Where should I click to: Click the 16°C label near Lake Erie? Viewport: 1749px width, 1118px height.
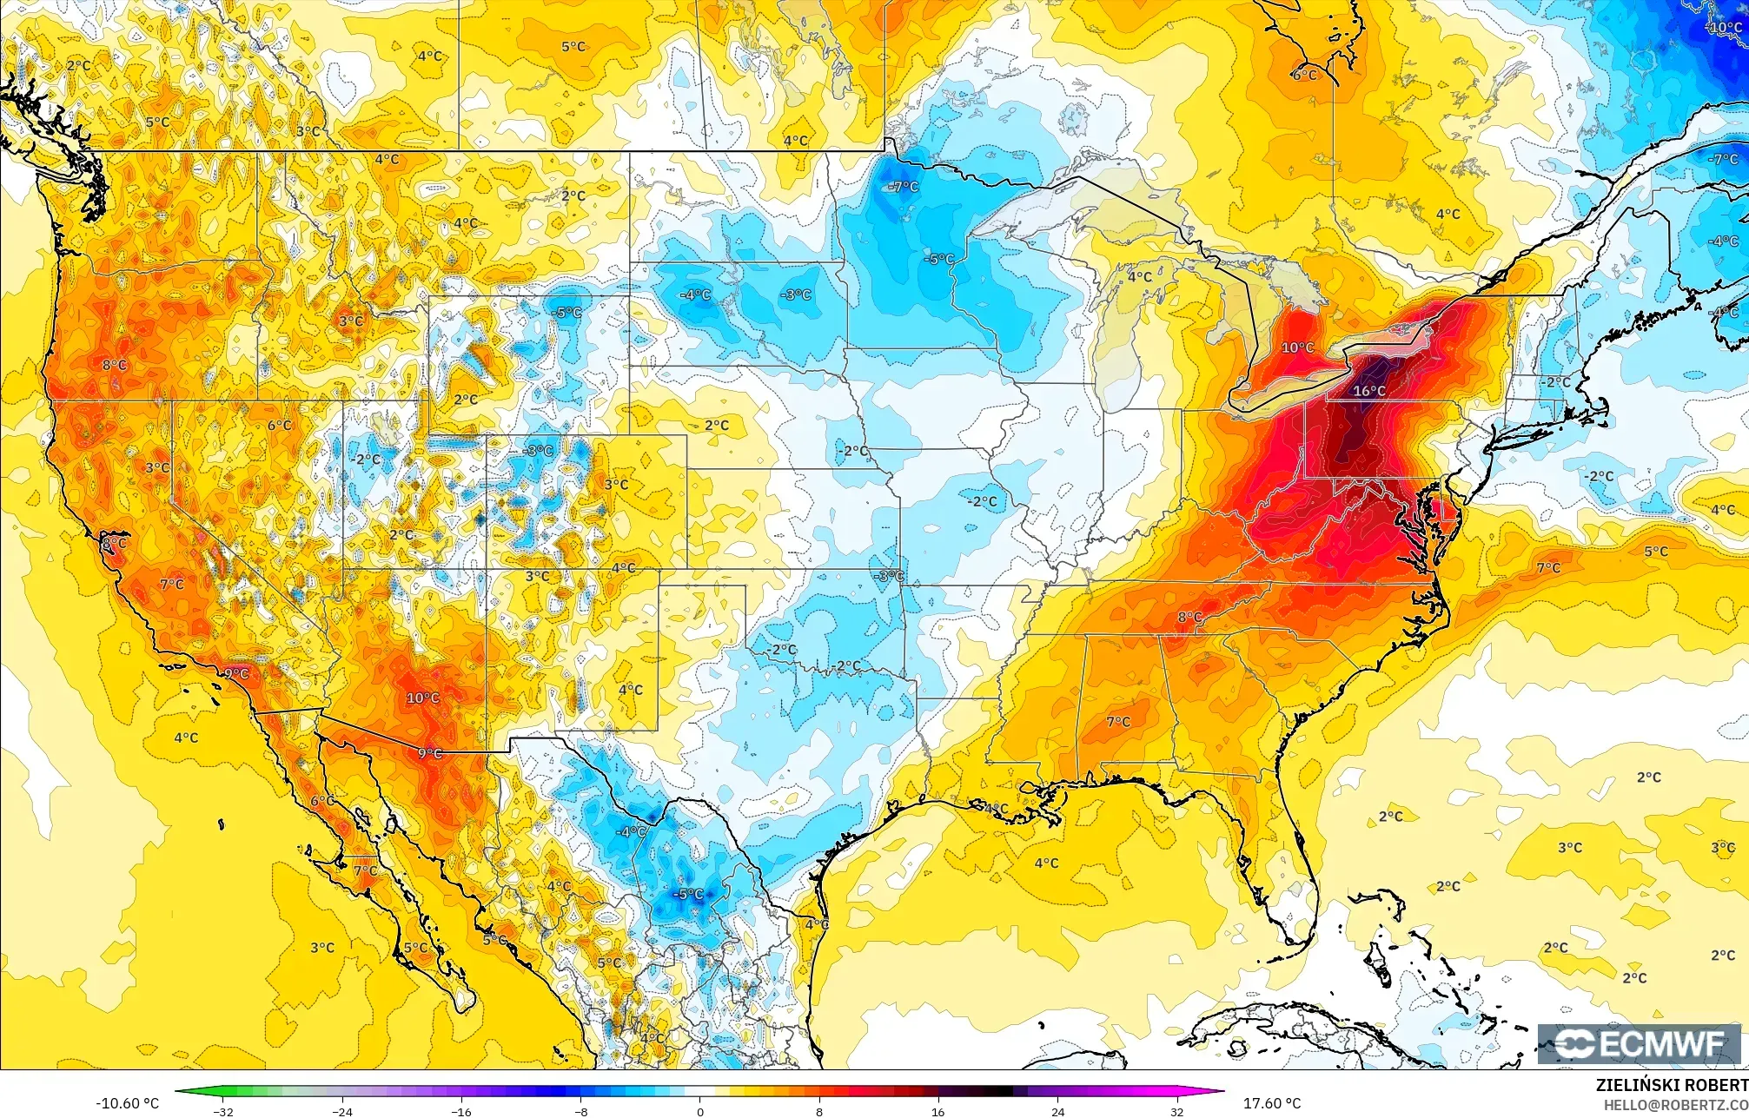click(x=1369, y=391)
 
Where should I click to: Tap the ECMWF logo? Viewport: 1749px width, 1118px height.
click(x=1639, y=1044)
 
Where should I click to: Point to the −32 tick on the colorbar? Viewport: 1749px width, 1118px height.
click(x=224, y=1111)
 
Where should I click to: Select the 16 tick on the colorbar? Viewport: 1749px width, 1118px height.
click(x=937, y=1111)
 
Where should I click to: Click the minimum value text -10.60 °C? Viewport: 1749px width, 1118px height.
click(x=128, y=1103)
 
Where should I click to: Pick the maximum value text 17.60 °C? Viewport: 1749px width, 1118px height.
click(x=1272, y=1103)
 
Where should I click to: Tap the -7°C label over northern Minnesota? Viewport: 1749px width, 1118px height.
click(x=904, y=187)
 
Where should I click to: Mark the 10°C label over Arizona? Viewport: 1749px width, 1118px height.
click(x=423, y=698)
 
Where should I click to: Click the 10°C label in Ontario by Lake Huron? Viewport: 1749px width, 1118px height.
click(x=1298, y=347)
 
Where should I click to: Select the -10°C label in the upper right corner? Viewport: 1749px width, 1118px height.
click(x=1724, y=28)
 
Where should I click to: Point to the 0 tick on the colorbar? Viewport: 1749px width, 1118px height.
click(x=699, y=1111)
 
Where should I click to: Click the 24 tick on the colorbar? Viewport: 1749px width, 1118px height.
click(x=1057, y=1111)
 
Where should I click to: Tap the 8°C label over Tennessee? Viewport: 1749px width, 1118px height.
click(x=1189, y=618)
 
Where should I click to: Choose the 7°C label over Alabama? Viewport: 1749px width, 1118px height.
click(x=1118, y=721)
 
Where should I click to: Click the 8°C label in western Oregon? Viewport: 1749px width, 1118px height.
click(x=114, y=365)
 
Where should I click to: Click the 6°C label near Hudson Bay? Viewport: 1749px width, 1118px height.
click(x=1303, y=75)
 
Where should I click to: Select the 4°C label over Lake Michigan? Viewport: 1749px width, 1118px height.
click(x=1140, y=277)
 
